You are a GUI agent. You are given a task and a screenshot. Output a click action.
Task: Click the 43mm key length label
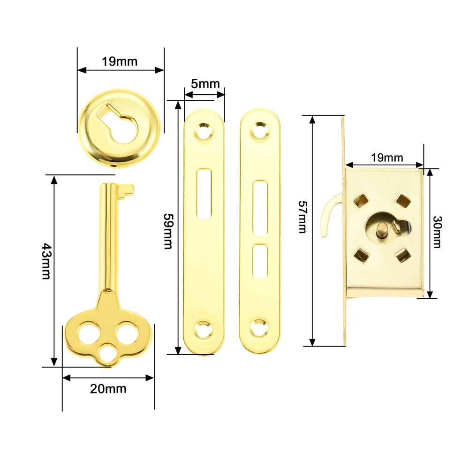46,261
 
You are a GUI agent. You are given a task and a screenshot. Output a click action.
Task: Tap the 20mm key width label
108,389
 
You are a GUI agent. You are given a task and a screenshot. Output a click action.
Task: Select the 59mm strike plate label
168,231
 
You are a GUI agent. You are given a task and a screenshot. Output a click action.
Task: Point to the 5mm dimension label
205,84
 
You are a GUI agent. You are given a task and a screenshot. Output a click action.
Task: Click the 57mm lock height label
303,217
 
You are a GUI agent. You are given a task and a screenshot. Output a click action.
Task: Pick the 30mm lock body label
437,232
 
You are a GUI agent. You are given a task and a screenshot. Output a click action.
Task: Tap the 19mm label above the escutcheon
120,61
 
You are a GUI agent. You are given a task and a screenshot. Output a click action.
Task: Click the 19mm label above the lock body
387,158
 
